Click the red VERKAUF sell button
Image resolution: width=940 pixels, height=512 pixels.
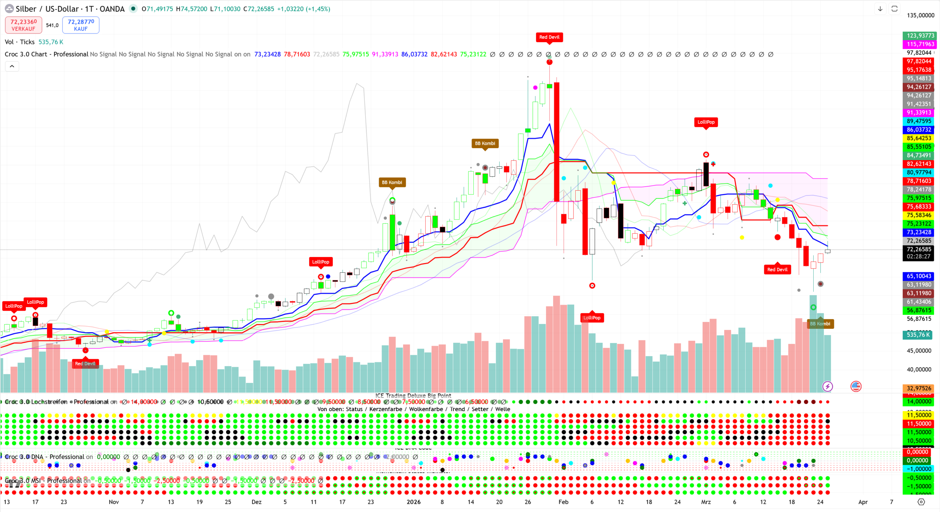point(23,25)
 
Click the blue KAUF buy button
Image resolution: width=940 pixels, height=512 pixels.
point(81,25)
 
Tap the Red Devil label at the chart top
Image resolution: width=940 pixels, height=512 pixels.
point(549,37)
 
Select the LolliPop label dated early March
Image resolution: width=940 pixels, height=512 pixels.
point(706,122)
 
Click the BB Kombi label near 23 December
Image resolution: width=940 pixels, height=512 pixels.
point(392,182)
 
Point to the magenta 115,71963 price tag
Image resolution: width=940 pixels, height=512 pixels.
point(920,44)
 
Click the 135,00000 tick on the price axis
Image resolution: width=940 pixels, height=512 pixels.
point(920,15)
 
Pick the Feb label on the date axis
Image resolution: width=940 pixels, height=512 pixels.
point(563,502)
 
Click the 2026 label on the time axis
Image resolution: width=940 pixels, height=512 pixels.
point(414,502)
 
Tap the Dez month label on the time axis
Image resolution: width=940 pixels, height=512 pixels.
point(256,502)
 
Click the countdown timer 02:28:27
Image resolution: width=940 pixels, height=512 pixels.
point(918,257)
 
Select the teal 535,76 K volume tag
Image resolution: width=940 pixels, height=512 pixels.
point(918,335)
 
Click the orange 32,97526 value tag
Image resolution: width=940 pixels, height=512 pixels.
point(919,388)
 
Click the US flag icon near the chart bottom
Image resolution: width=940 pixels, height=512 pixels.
point(856,386)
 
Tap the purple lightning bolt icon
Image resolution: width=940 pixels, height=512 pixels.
point(827,386)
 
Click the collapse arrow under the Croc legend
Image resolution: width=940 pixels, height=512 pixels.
point(12,67)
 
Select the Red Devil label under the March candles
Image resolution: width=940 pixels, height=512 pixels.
point(777,269)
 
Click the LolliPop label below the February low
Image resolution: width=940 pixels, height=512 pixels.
point(592,318)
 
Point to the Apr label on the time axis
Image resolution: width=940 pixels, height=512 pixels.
point(863,502)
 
